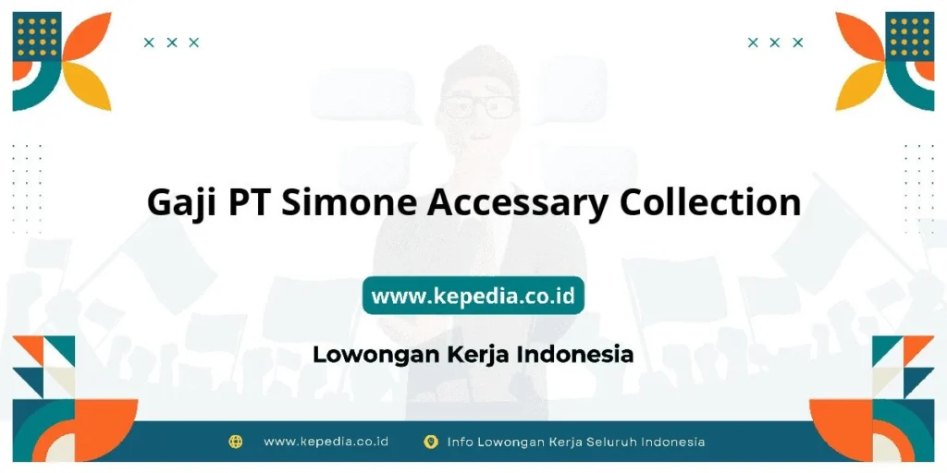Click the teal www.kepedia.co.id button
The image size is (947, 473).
point(473,296)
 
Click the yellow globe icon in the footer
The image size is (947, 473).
point(235,442)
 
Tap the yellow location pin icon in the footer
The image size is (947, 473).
point(430,442)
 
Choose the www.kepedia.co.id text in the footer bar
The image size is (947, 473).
point(326,442)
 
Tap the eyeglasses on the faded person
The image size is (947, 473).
point(478,104)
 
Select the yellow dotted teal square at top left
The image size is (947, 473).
point(37,36)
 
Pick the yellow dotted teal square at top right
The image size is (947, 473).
point(909,36)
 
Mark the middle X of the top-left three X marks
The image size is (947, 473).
point(171,42)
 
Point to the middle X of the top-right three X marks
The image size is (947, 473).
point(775,42)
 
